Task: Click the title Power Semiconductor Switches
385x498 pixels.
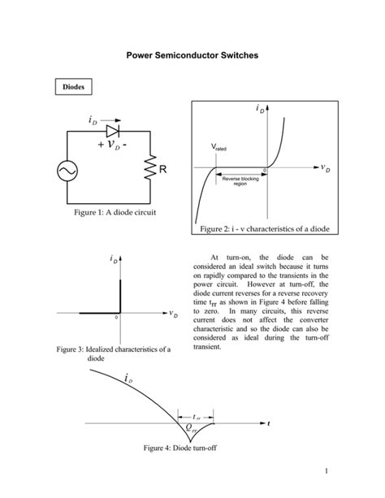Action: pos(192,56)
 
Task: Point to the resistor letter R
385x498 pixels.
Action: pos(163,171)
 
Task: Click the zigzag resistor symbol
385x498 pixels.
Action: pos(149,171)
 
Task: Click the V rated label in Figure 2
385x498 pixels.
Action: pos(218,149)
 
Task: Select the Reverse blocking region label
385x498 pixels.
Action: pos(240,181)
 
